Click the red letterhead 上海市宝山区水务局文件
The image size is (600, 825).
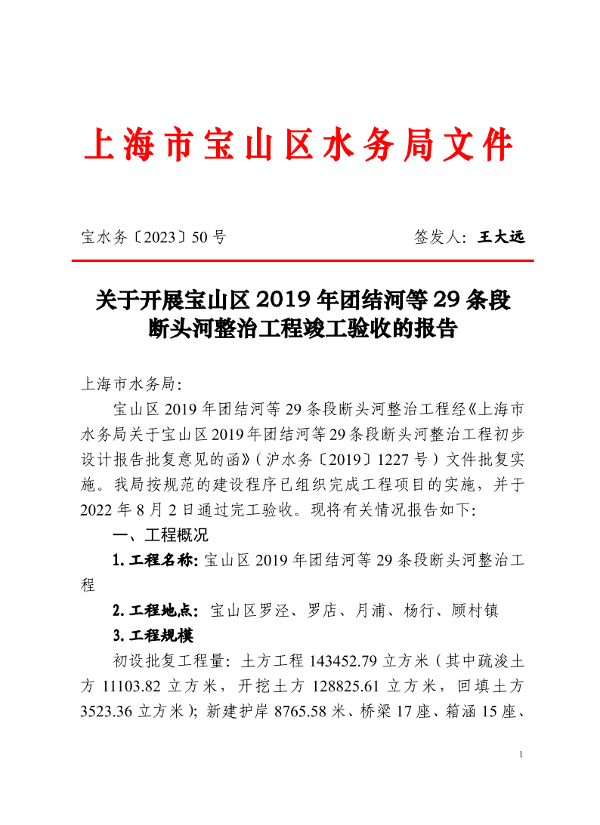(299, 146)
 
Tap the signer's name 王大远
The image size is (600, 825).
(501, 237)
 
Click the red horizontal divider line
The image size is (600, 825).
(302, 260)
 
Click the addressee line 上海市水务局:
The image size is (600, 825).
(130, 383)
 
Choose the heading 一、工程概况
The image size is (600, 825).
(159, 535)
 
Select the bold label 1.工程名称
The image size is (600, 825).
(154, 560)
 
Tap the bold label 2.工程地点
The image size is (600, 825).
(155, 610)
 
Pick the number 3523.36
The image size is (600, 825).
(106, 711)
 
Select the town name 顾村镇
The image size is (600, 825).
(474, 610)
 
